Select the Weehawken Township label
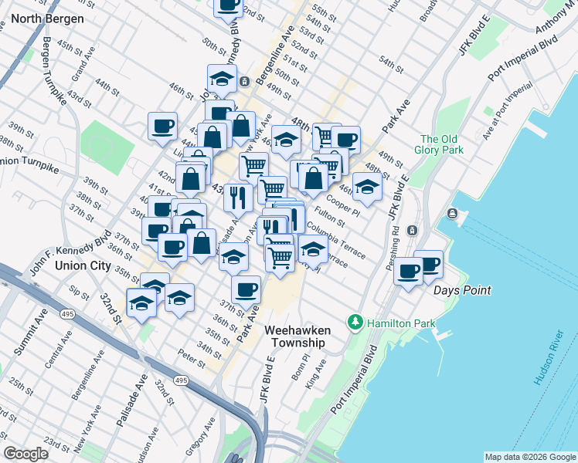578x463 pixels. [x=297, y=336]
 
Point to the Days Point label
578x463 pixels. [x=462, y=290]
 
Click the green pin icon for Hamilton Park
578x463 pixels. [x=355, y=321]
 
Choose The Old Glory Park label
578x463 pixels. [x=442, y=144]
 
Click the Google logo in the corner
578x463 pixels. [x=25, y=454]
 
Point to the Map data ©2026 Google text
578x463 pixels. [x=529, y=457]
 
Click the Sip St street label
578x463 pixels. [x=79, y=293]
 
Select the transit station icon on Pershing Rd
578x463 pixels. [x=412, y=230]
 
